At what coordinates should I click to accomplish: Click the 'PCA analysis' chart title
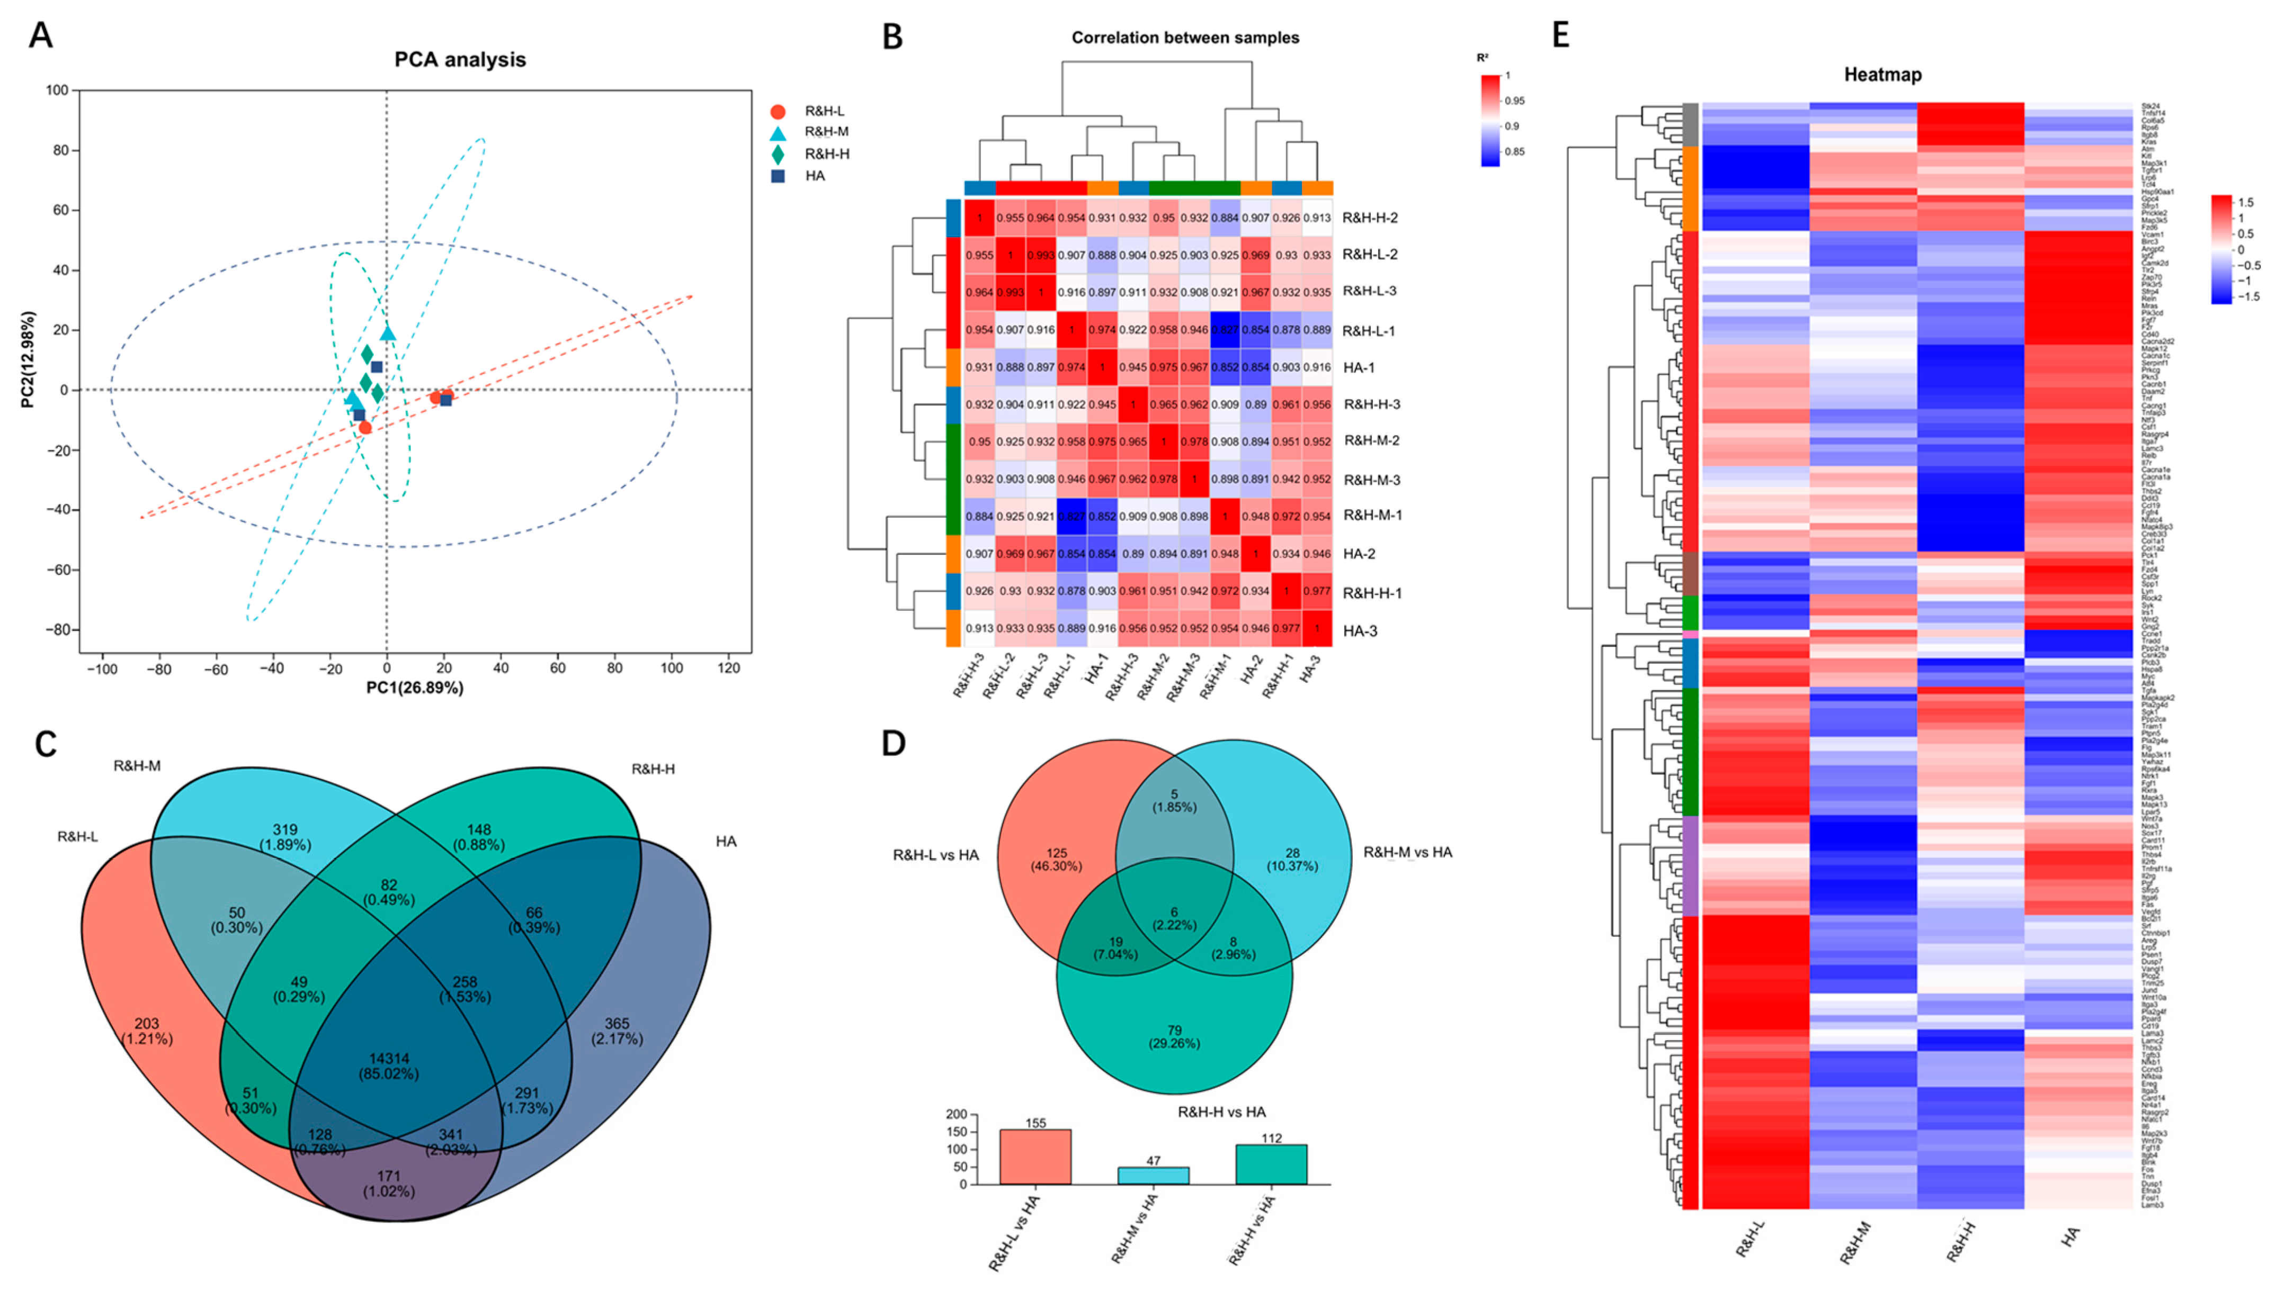point(460,59)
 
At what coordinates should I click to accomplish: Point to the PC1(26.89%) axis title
point(414,687)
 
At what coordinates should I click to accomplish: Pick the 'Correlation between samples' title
point(1185,37)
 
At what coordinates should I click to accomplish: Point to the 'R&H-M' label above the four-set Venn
point(137,766)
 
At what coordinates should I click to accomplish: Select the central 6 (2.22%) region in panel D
point(1174,918)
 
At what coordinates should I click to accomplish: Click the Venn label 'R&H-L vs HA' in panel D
point(936,855)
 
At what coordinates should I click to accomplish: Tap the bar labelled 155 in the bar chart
point(1035,1156)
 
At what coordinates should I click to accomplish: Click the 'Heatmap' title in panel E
point(1882,75)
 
